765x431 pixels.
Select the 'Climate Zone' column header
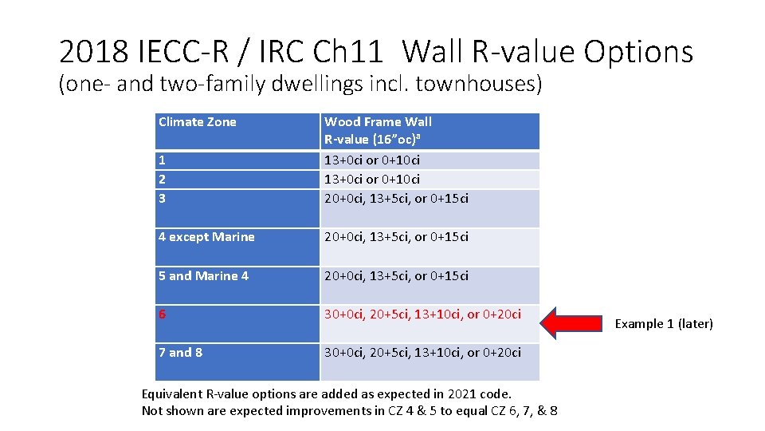[x=198, y=122]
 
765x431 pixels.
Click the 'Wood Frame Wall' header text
[x=378, y=122]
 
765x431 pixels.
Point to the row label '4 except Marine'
[x=206, y=236]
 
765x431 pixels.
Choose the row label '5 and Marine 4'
[x=203, y=275]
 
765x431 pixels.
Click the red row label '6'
[x=163, y=314]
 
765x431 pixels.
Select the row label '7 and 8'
[x=180, y=352]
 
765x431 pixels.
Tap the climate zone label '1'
[x=162, y=160]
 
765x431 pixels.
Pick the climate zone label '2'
[x=162, y=179]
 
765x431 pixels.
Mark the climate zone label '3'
[x=162, y=198]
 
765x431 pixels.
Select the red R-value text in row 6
[x=422, y=314]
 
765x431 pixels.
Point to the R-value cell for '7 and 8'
[x=422, y=352]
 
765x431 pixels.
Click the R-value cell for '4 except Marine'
[x=396, y=236]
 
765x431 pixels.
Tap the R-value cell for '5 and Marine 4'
[x=396, y=275]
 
